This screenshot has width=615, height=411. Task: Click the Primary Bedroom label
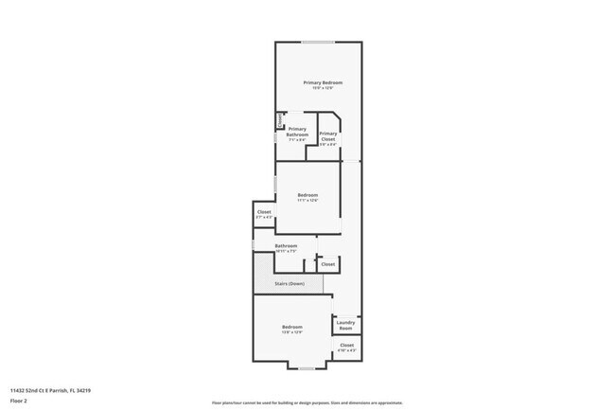323,83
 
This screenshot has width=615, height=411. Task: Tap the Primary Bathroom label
297,132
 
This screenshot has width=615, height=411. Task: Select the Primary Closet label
328,136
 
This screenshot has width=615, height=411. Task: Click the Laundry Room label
345,325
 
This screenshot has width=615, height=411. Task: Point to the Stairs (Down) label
290,283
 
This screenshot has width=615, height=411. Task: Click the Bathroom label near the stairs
286,246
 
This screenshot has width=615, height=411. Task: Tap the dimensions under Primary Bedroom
323,89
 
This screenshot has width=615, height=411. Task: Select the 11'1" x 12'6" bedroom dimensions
307,201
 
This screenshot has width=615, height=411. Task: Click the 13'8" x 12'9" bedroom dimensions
291,332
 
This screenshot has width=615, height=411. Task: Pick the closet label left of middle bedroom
264,212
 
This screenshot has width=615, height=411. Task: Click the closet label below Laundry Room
347,346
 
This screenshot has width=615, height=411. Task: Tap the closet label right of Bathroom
327,264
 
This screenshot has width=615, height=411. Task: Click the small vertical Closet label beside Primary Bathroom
279,120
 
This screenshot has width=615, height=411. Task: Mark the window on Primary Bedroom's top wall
318,42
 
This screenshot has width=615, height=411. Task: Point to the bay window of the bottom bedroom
306,366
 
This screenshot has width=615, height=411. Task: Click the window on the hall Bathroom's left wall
254,246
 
